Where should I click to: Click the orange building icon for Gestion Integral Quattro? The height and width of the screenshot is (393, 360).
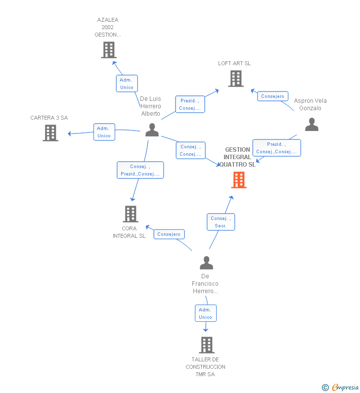point(239,180)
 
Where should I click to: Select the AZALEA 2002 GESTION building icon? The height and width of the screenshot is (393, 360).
point(108,50)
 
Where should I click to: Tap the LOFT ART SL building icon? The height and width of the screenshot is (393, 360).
point(236,79)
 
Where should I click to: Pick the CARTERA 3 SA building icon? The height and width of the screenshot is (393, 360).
point(50,133)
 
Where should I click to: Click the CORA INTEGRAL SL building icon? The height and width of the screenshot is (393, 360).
point(130,214)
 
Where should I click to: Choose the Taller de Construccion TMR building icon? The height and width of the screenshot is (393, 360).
point(206,345)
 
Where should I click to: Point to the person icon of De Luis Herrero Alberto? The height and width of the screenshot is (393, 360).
point(152,130)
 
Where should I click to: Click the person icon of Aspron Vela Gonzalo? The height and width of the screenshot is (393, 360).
point(312,125)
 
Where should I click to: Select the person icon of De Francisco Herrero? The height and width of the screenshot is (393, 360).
point(206,262)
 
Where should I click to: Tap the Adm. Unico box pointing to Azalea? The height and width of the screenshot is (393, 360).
point(127,84)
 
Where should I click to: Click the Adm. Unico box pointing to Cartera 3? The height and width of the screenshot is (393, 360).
point(104,132)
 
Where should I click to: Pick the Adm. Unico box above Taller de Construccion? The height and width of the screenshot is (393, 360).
point(205,313)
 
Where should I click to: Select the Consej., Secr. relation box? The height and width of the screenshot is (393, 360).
point(221,222)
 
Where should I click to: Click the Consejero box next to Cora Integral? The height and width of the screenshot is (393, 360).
point(169,234)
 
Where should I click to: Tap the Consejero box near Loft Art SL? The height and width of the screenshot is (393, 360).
point(272,96)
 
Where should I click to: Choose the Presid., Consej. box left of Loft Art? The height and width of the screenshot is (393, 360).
point(190,104)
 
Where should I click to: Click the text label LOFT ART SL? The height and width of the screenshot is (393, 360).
point(234,63)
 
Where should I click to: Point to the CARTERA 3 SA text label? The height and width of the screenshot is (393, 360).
point(49,118)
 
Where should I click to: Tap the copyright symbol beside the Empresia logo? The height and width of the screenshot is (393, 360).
point(325,388)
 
